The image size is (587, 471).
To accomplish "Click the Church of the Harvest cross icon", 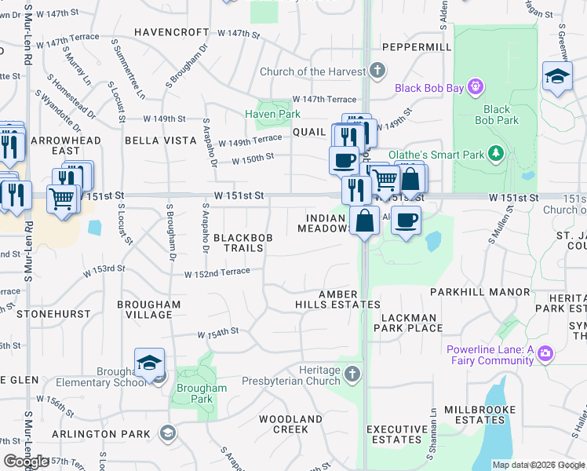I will tap(377, 71).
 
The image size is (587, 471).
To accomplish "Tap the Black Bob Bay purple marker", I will tap(474, 86).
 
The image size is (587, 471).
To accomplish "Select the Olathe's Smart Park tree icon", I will tap(495, 153).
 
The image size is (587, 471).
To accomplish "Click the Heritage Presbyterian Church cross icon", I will tap(352, 374).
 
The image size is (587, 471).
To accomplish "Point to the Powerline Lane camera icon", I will tap(545, 354).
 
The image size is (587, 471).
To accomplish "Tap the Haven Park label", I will tap(272, 115).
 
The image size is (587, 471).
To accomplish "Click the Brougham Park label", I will tap(202, 393).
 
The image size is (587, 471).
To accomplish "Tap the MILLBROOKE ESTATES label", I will tap(479, 415).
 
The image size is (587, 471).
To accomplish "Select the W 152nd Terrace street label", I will tap(217, 272).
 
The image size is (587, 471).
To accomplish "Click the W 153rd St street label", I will tap(106, 270).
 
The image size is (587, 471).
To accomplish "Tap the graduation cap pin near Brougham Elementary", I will tap(149, 363).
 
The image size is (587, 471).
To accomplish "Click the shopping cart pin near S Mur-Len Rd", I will tap(62, 199).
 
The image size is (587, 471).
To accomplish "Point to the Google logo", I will tap(26, 462).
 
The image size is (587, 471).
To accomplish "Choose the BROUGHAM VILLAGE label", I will tap(148, 309).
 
